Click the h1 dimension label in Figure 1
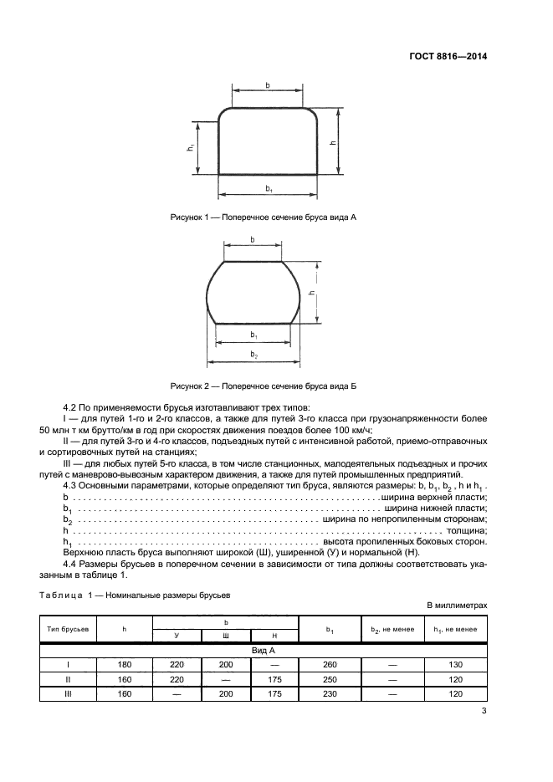pyautogui.click(x=191, y=148)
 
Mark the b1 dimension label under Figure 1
pyautogui.click(x=269, y=190)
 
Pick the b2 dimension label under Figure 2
pyautogui.click(x=253, y=355)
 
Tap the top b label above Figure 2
pyautogui.click(x=253, y=239)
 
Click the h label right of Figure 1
pyautogui.click(x=334, y=141)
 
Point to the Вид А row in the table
pyautogui.click(x=264, y=649)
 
